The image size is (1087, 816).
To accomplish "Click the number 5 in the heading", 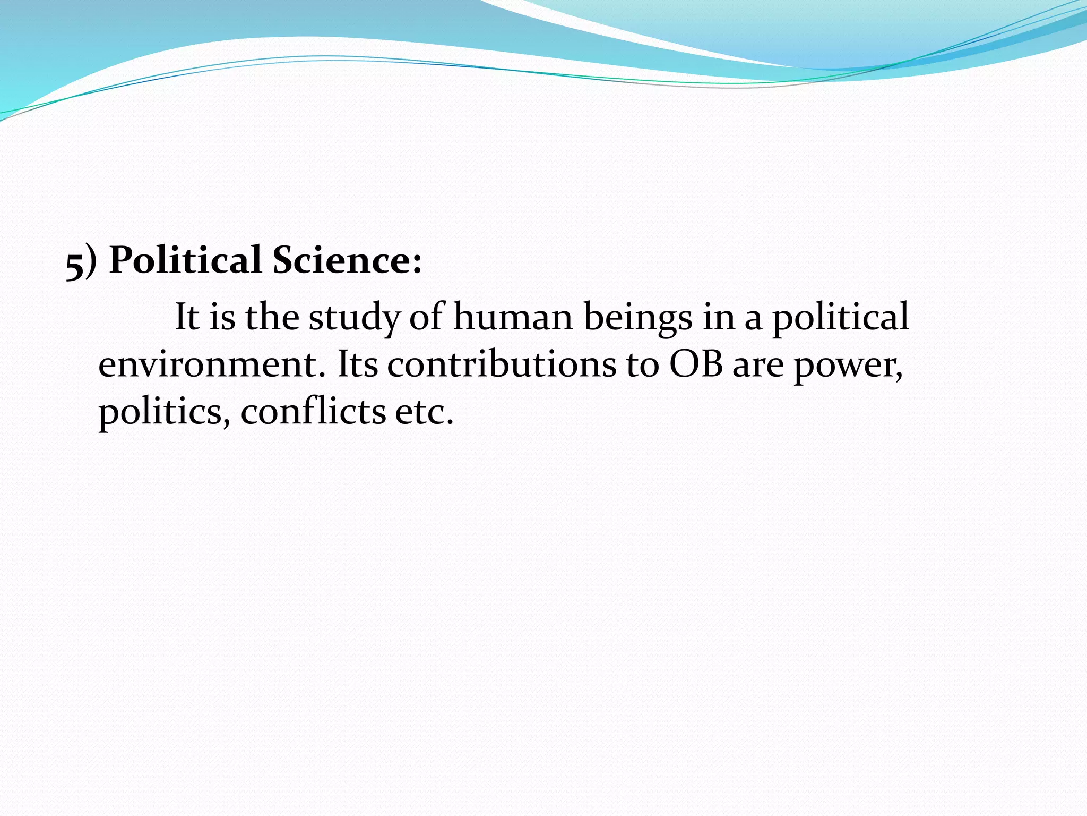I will (x=75, y=264).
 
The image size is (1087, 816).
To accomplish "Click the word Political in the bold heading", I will (x=185, y=260).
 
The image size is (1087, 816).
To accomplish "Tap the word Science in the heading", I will (x=341, y=260).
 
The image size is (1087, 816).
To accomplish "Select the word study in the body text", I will (x=354, y=317).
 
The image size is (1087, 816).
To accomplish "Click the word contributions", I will (x=501, y=365).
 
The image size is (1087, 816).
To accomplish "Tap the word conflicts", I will (x=313, y=412).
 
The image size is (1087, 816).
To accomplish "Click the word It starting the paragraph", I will (x=186, y=317).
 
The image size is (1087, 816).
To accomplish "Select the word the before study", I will (x=272, y=317).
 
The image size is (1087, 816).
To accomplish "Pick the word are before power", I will (x=758, y=365).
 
